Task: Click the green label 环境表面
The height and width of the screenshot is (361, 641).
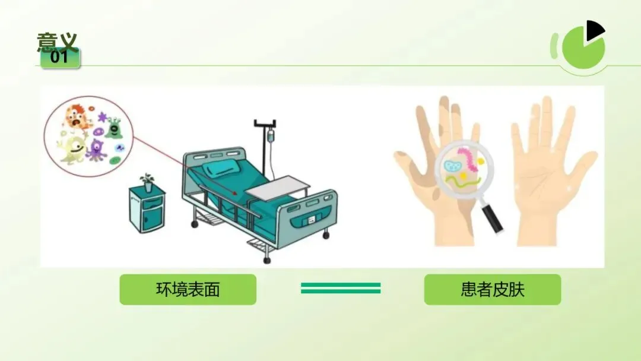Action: coord(188,290)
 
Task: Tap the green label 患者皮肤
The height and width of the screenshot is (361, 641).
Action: coord(492,290)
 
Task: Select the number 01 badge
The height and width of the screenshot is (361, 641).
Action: coord(60,58)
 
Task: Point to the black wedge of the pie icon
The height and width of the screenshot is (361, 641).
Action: coord(595,30)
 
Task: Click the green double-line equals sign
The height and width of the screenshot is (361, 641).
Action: coord(341,288)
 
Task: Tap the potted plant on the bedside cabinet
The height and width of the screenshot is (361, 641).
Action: coord(147,182)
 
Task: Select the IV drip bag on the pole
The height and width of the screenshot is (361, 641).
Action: coord(270,135)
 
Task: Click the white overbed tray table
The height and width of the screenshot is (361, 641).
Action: coord(277,188)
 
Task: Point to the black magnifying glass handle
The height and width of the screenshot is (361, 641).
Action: coord(493,218)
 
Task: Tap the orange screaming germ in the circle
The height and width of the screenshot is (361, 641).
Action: coord(77,118)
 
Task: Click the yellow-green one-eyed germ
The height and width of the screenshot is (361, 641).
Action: coord(73,150)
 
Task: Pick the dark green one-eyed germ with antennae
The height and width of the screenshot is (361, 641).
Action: coord(113,128)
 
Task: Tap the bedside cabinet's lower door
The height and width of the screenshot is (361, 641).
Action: coord(151,218)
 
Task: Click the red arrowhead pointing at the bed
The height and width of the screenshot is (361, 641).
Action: coord(234,194)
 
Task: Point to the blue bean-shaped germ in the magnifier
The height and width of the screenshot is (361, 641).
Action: coord(452,166)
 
